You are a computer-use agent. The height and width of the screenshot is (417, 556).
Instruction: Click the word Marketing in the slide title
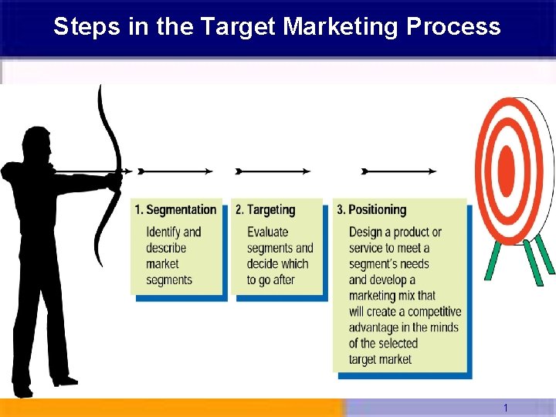tap(341, 27)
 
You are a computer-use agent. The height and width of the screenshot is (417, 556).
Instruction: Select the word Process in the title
tap(453, 27)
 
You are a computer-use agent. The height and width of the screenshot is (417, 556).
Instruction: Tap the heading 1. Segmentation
tap(175, 209)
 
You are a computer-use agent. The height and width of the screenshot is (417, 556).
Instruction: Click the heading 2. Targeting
tap(266, 209)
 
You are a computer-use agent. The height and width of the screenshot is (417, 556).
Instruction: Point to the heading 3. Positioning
tap(371, 209)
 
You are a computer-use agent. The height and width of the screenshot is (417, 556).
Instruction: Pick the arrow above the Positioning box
tap(398, 171)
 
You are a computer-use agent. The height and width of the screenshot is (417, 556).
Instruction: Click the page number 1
tap(505, 408)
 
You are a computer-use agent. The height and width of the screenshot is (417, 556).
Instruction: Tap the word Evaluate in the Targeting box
tap(267, 232)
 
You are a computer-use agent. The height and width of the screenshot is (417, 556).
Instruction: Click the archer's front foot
tap(65, 379)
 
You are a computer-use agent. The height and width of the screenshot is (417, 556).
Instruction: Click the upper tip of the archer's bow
tap(100, 88)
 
